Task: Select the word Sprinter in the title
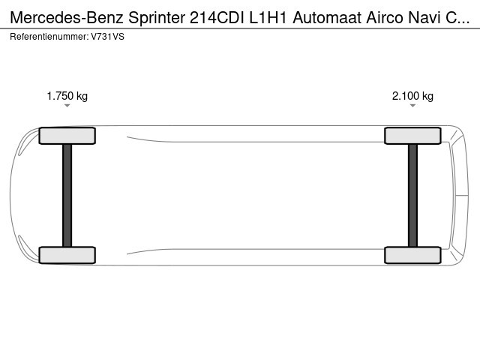[157, 18]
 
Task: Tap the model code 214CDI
[217, 18]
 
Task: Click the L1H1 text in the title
[268, 18]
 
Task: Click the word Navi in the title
[424, 18]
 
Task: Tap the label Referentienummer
[49, 37]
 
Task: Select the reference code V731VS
[108, 37]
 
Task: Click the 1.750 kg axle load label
[67, 96]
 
